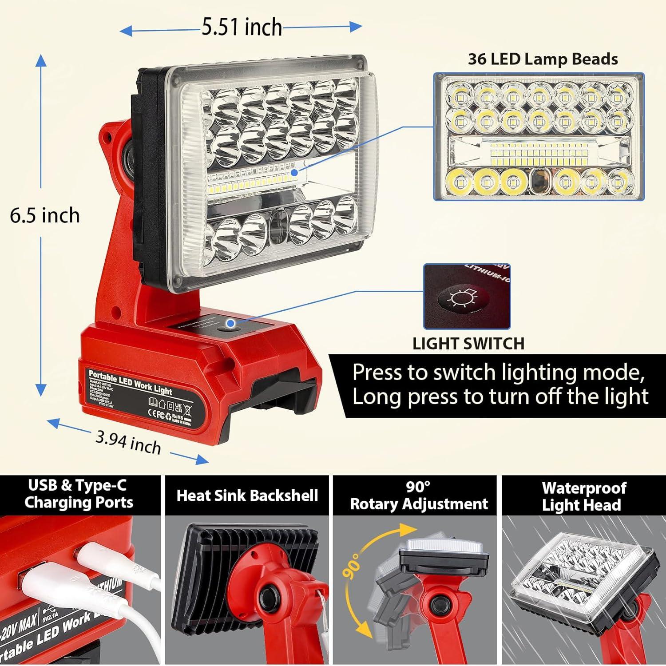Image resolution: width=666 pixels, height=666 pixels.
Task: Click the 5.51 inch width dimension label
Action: pos(242,28)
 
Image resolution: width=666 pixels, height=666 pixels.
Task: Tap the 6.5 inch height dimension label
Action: pos(45,216)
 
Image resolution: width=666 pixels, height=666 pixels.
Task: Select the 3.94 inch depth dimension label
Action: pos(128,443)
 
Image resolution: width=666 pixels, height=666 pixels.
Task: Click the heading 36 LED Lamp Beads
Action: pos(543,59)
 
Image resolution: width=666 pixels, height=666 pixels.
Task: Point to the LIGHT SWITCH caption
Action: pos(468,343)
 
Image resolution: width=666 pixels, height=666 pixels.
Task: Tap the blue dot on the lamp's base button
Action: pos(231,323)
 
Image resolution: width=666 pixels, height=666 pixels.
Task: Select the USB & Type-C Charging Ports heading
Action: pos(79,494)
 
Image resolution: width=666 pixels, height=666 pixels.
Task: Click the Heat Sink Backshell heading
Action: pos(247,496)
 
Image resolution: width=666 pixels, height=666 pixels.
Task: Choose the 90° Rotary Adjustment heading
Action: pos(418,496)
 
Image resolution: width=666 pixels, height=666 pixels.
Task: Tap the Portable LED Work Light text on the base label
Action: pos(130,382)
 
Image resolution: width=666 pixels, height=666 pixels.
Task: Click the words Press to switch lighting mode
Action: pos(498,372)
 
